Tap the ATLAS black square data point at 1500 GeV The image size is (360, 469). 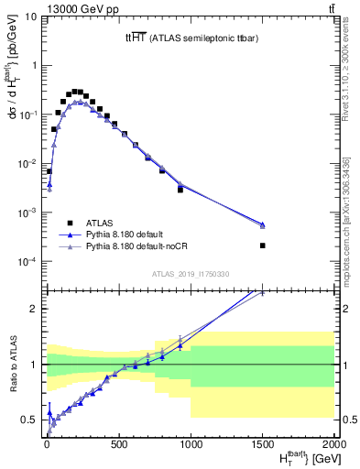[263, 245]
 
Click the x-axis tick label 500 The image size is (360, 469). [118, 445]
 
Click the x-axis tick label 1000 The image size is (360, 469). [191, 445]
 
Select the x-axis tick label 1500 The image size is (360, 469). [263, 445]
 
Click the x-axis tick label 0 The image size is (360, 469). [46, 445]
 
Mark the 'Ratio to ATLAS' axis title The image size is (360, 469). [13, 364]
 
